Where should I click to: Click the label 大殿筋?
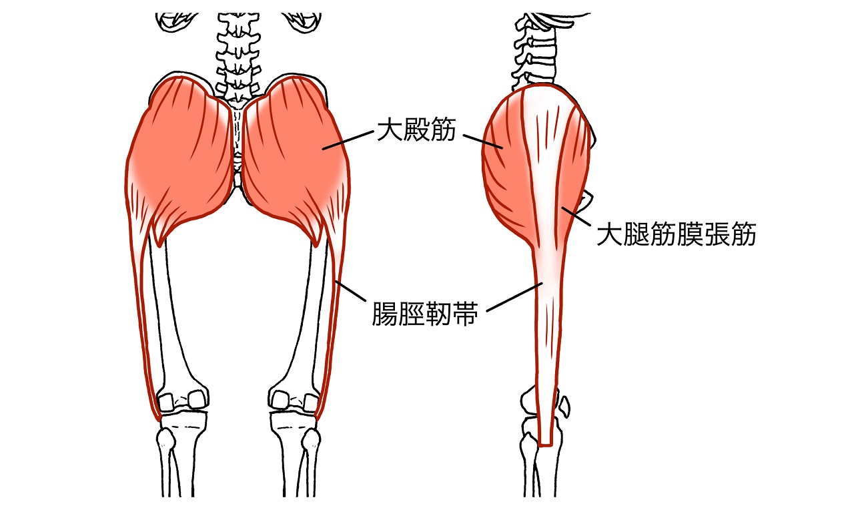(416, 129)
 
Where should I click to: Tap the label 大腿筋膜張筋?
(675, 235)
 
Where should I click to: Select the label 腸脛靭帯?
(424, 313)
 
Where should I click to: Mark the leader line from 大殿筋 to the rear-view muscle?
(347, 140)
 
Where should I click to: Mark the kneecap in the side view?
(566, 405)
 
